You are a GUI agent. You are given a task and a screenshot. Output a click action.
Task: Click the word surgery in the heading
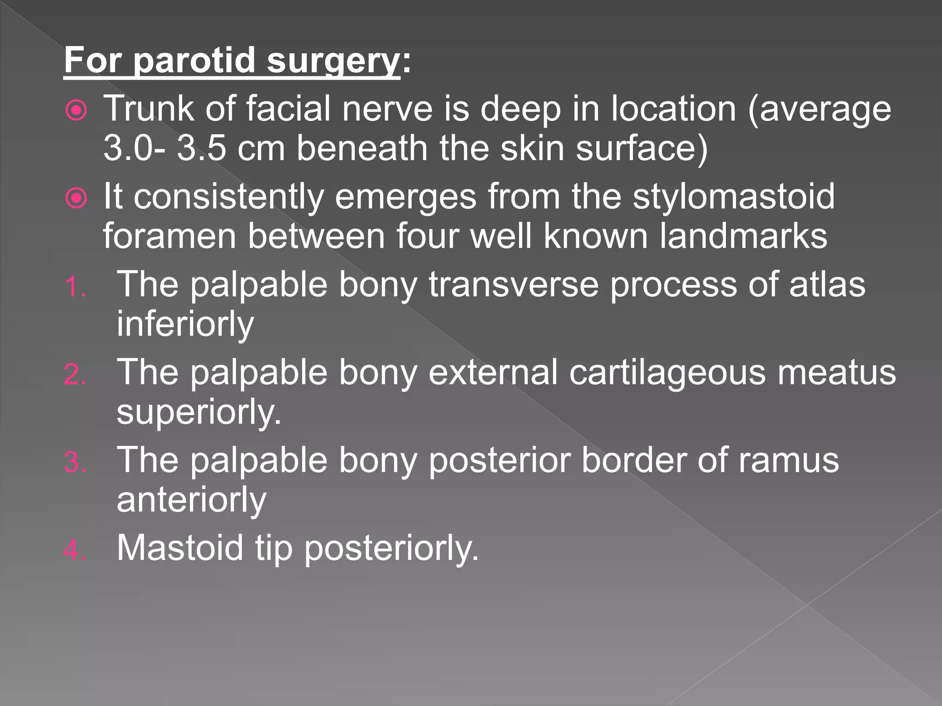(x=333, y=62)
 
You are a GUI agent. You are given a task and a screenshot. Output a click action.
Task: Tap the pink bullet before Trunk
(x=76, y=110)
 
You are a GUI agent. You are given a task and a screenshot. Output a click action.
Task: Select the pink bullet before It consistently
(x=76, y=199)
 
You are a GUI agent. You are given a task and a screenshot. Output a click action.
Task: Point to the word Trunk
(x=148, y=109)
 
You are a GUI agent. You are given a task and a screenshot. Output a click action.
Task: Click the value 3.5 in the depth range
(x=201, y=149)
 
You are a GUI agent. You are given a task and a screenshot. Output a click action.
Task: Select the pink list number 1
(x=75, y=288)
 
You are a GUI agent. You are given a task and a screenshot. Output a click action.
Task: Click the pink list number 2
(x=75, y=375)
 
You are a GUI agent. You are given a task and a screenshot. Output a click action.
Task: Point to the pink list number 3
(x=75, y=462)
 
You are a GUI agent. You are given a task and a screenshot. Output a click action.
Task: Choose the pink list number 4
(x=75, y=550)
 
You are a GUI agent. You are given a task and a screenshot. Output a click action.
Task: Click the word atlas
(x=827, y=285)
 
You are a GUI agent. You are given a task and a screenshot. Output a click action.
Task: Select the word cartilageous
(x=667, y=372)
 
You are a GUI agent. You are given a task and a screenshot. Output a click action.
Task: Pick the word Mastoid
(x=179, y=548)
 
